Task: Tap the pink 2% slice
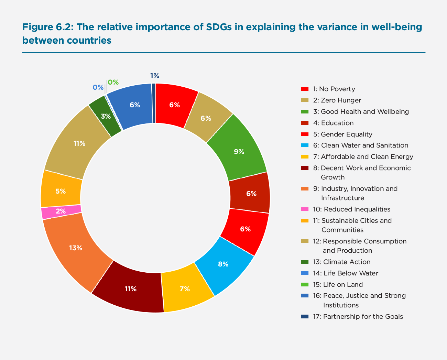[61, 211]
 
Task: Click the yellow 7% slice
[185, 289]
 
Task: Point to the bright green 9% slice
[239, 151]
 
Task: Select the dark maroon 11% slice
[131, 289]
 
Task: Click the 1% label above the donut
[155, 76]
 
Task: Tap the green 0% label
[113, 83]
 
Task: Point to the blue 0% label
[98, 88]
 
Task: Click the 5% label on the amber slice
[61, 191]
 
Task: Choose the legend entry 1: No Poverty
[334, 89]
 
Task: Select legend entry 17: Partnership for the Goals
[358, 317]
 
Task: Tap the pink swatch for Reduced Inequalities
[305, 209]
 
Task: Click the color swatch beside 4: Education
[305, 123]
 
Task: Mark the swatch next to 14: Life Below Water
[305, 273]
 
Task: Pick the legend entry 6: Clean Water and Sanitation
[360, 145]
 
